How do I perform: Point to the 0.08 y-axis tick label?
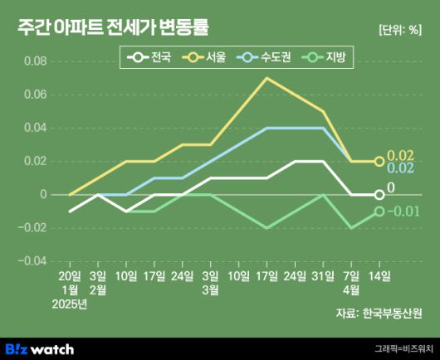point(36,62)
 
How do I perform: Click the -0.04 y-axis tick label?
point(33,261)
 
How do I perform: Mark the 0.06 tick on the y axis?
point(36,95)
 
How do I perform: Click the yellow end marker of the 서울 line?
point(379,162)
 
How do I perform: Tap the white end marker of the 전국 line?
point(379,195)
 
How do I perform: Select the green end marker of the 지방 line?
point(379,212)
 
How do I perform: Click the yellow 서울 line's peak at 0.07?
point(266,78)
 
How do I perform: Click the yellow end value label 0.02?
point(400,155)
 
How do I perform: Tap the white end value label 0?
point(391,188)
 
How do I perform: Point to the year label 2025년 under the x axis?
point(70,304)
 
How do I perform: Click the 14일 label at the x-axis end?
point(379,275)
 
